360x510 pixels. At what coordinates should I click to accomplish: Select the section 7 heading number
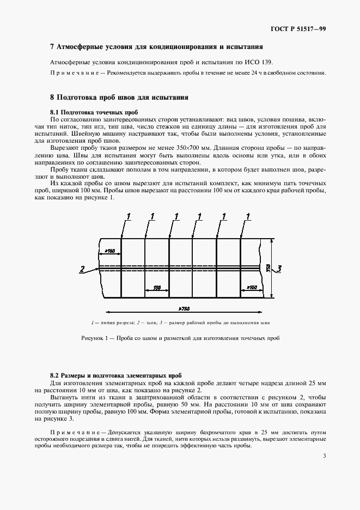point(52,47)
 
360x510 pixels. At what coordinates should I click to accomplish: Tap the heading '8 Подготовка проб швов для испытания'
point(119,98)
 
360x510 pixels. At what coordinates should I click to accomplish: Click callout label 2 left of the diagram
point(81,269)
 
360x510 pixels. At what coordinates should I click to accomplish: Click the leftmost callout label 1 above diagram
point(129,217)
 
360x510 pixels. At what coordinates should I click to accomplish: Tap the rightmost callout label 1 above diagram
point(248,217)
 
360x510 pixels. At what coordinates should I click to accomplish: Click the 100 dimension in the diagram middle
point(157,287)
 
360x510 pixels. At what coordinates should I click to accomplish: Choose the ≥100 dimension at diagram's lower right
point(251,287)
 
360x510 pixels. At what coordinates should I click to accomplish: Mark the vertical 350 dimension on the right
point(268,268)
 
